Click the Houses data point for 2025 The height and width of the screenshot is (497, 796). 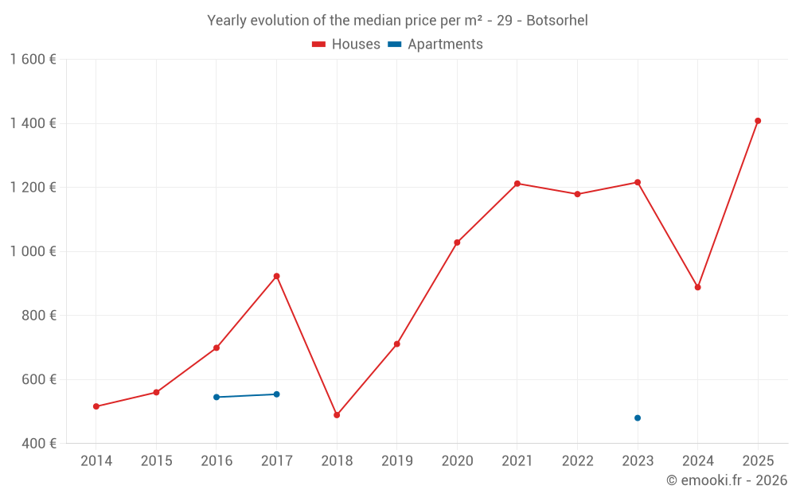point(758,121)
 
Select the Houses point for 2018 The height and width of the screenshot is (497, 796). point(337,415)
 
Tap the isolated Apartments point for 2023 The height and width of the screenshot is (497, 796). point(638,418)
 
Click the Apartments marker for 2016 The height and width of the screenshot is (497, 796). point(217,397)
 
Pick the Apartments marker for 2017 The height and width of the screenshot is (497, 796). point(276,394)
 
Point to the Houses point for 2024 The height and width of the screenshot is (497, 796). point(697,287)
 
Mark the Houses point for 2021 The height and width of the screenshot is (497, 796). point(517,184)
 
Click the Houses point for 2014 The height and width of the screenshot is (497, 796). point(96,406)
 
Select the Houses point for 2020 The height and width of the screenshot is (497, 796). point(457,243)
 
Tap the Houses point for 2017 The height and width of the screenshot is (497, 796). point(276,276)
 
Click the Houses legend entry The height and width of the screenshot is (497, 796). point(346,45)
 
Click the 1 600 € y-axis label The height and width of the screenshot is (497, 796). point(33,60)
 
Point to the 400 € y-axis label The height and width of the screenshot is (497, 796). point(37,444)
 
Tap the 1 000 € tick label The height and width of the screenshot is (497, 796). point(33,251)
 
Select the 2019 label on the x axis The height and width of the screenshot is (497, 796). point(396,461)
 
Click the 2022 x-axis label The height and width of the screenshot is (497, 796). point(577,461)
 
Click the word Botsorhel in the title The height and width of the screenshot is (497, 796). point(557,21)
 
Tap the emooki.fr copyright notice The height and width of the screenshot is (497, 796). point(726,480)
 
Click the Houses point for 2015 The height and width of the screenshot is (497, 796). point(156,392)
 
